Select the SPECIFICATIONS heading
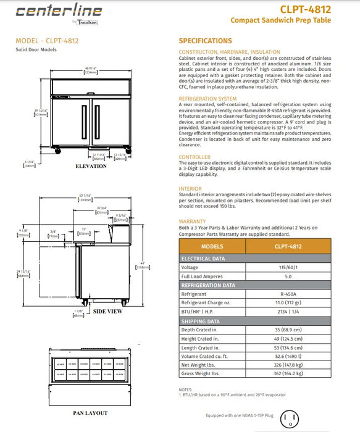tap(206, 41)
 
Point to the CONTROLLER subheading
tap(195, 157)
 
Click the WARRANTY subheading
tap(192, 221)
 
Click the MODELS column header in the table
tap(212, 246)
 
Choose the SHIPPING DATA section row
tap(200, 321)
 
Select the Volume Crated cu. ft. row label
tap(209, 356)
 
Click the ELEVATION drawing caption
tap(91, 167)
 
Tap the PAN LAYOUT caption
tap(90, 413)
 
